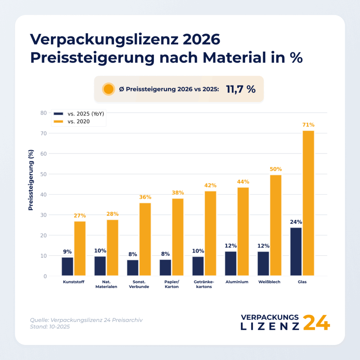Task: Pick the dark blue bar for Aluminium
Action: tap(231, 264)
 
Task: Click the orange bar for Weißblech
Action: tap(276, 225)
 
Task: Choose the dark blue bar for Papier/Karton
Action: tap(165, 268)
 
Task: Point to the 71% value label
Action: tap(308, 125)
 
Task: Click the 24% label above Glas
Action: tap(296, 222)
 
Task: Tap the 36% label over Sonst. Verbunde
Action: tap(145, 197)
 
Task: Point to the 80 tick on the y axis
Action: tap(43, 113)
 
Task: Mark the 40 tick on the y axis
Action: tap(43, 194)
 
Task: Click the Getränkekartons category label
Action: tap(204, 284)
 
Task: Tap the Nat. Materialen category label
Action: tap(105, 284)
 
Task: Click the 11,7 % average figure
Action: tap(241, 89)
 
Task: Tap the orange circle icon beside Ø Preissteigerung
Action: tap(109, 89)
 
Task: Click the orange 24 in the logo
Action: tap(316, 322)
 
